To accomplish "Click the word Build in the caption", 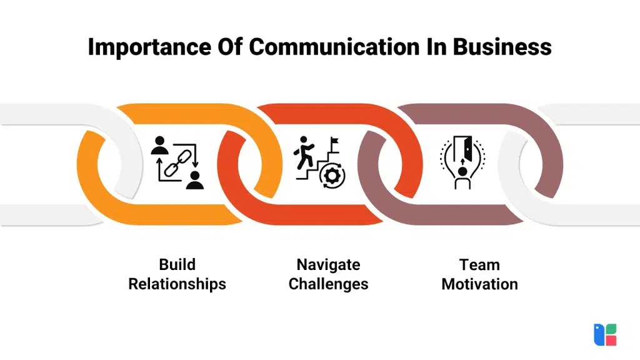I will (x=177, y=264).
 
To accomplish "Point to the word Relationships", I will (x=177, y=284).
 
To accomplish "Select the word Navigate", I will (x=328, y=264).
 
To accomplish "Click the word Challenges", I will (x=328, y=284).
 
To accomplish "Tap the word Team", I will (x=479, y=264).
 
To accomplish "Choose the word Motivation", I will (x=479, y=284).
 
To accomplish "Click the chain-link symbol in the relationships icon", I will (x=177, y=162).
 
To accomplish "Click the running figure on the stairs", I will (x=304, y=149).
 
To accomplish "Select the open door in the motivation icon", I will (x=463, y=148).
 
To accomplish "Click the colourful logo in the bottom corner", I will (x=605, y=335).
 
